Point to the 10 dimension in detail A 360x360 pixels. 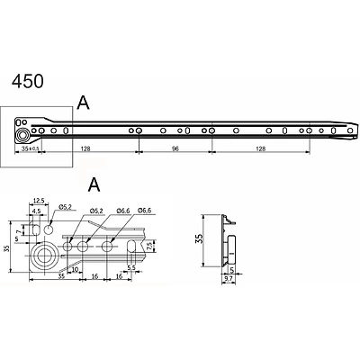tap(76, 268)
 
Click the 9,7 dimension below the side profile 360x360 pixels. tap(229, 280)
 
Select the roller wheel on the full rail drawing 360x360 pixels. tap(22, 131)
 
